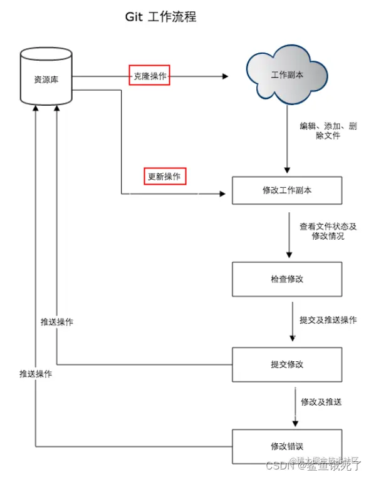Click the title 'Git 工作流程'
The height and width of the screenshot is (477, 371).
click(x=160, y=17)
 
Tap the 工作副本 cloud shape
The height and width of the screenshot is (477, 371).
click(x=287, y=74)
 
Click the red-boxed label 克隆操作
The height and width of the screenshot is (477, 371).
click(x=150, y=76)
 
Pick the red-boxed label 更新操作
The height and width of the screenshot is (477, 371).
click(x=164, y=177)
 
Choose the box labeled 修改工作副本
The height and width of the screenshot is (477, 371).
click(x=287, y=190)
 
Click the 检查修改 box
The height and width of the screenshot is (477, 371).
click(x=287, y=279)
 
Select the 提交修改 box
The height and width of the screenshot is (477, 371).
click(x=287, y=364)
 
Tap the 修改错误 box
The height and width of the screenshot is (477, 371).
click(x=287, y=446)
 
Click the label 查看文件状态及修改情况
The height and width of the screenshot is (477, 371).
click(x=328, y=231)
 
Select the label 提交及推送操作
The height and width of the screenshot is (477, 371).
click(x=328, y=320)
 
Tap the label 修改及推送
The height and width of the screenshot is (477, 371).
click(x=321, y=401)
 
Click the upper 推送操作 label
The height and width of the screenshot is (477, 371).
click(x=57, y=322)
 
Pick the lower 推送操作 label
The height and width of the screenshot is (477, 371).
click(x=35, y=374)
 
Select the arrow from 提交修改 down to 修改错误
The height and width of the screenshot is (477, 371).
click(x=295, y=406)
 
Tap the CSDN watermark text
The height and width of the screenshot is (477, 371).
click(x=313, y=465)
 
